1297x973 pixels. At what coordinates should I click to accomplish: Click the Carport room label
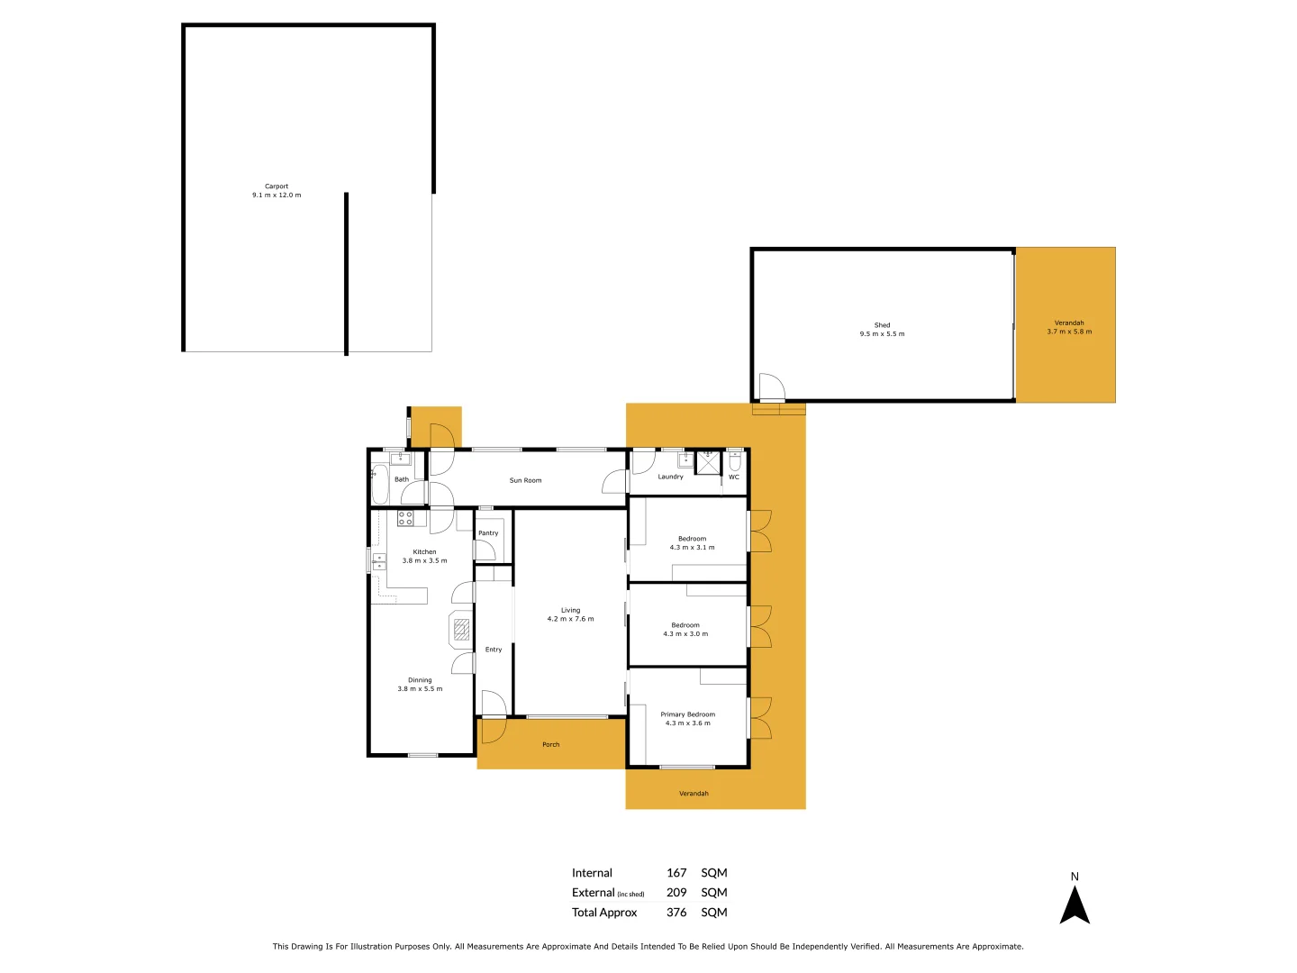277,186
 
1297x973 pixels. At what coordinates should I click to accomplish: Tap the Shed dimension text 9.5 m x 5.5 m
882,334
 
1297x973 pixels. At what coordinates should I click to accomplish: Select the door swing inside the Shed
771,387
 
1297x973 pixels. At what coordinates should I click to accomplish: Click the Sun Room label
525,480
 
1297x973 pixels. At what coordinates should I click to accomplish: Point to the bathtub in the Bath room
380,485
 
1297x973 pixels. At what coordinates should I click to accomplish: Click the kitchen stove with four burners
405,518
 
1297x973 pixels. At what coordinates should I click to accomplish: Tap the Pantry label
488,533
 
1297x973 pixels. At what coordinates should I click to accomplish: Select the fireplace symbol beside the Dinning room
461,629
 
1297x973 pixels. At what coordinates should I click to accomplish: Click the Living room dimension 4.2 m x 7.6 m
570,619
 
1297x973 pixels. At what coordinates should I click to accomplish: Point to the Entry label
494,650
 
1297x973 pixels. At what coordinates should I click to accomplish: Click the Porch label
551,745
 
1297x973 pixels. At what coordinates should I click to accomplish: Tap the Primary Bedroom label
687,714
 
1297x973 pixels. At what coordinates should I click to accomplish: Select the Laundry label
670,477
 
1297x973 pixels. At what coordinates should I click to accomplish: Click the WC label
734,477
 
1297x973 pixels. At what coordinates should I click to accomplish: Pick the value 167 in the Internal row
676,873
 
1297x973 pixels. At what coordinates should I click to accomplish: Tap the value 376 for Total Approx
676,913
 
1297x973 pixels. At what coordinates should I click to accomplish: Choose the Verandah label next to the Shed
1069,323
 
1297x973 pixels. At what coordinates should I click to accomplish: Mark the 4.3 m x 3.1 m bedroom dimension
692,548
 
